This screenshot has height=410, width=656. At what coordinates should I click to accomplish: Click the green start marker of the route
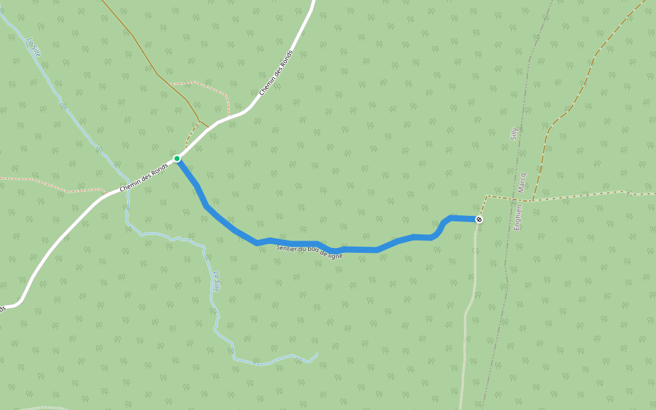(177, 159)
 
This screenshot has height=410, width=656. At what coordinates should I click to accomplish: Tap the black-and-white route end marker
(479, 219)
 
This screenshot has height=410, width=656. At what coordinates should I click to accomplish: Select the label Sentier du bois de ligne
(310, 251)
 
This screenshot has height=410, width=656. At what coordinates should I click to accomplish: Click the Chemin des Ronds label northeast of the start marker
(276, 72)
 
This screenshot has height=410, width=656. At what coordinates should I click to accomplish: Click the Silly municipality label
(515, 133)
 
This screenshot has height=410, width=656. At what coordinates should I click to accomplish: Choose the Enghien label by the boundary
(518, 217)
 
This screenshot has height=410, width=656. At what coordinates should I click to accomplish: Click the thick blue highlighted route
(355, 249)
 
